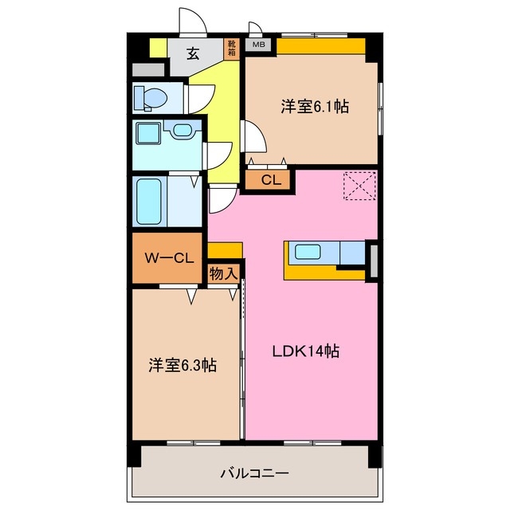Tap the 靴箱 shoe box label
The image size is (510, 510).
[x=232, y=49]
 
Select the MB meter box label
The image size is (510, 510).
[x=258, y=45]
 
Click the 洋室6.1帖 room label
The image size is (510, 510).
[x=315, y=106]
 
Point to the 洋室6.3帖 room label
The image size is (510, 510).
[x=182, y=365]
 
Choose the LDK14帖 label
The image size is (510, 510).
[x=308, y=351]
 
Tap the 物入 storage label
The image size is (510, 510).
[x=224, y=273]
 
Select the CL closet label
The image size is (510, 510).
[x=270, y=180]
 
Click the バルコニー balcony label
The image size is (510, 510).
[x=254, y=473]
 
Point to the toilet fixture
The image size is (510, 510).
[x=151, y=98]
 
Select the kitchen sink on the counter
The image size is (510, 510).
[x=307, y=253]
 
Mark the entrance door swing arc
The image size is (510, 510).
[x=191, y=20]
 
